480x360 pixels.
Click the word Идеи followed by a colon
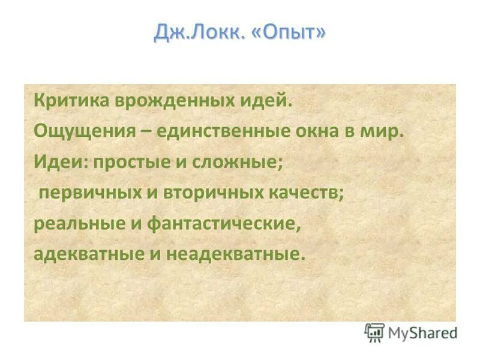59,162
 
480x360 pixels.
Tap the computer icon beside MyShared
374,332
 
